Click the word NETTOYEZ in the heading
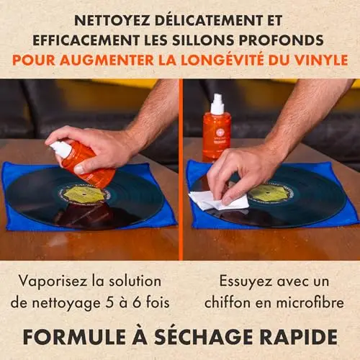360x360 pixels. (112, 21)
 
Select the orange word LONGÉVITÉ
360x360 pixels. (222, 60)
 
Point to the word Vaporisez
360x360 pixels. (53, 282)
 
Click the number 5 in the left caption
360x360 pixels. (109, 302)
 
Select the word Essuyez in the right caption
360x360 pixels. (246, 282)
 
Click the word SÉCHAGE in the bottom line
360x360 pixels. (204, 336)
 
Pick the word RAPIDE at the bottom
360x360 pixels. (299, 337)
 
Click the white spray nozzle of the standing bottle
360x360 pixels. (217, 104)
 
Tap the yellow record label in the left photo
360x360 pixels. (84, 194)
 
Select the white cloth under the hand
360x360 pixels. (219, 201)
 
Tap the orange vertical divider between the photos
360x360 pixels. (181, 169)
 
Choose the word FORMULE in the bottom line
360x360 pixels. (74, 337)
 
